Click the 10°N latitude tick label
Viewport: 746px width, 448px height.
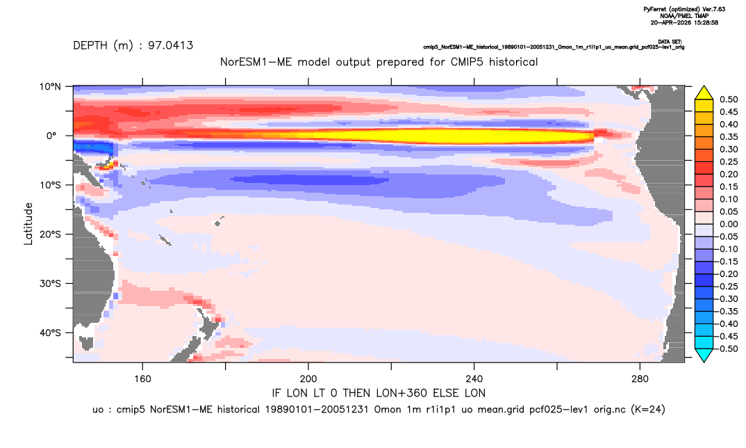tap(50, 87)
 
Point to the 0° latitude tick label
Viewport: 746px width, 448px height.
tap(51, 136)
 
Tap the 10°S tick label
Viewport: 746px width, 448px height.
tap(50, 185)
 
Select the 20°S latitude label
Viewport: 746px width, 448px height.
tap(50, 234)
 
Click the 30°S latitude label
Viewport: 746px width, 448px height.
tap(50, 283)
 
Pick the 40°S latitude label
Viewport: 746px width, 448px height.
tap(50, 333)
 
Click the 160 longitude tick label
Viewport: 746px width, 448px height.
tap(142, 379)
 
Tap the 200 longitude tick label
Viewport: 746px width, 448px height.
tap(308, 379)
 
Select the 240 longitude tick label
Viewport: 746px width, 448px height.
tap(474, 379)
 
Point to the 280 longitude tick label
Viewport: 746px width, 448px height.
tap(640, 379)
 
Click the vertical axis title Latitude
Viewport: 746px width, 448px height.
tap(28, 224)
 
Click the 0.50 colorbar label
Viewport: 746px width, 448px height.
tap(729, 99)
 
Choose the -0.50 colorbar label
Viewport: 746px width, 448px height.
tap(727, 349)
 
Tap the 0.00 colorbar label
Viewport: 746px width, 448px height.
tap(729, 224)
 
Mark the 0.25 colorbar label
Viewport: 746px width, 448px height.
tap(729, 161)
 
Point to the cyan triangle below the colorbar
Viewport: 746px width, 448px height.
tap(704, 354)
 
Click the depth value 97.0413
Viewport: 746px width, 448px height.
tap(170, 45)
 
